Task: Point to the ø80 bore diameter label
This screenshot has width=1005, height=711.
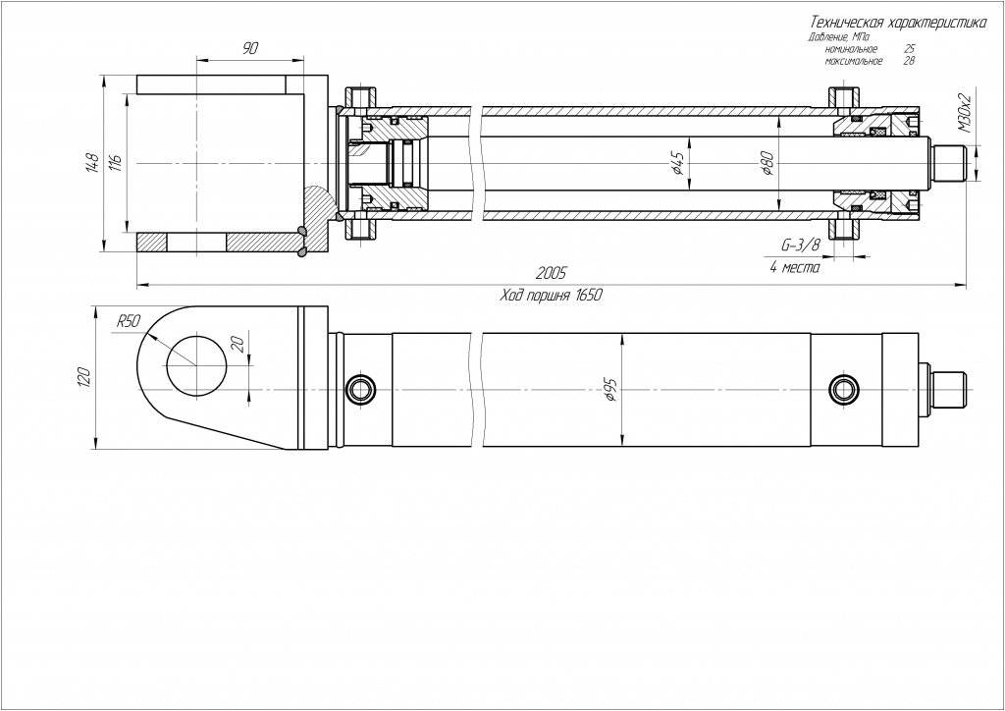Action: click(767, 162)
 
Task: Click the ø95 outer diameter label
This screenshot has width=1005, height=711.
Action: click(610, 391)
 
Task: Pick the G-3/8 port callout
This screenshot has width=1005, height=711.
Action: click(799, 244)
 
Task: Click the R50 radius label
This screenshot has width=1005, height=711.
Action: click(129, 321)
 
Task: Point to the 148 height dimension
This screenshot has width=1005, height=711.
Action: click(92, 163)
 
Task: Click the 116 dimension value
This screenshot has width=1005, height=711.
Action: click(115, 163)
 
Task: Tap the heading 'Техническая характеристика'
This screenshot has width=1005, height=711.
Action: click(895, 22)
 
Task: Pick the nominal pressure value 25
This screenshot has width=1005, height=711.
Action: click(910, 49)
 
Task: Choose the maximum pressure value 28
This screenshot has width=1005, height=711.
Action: click(908, 61)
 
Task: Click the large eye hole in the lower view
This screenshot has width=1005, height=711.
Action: click(195, 365)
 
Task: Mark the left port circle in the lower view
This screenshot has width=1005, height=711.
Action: click(360, 389)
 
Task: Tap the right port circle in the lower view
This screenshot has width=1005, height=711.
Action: click(842, 389)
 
